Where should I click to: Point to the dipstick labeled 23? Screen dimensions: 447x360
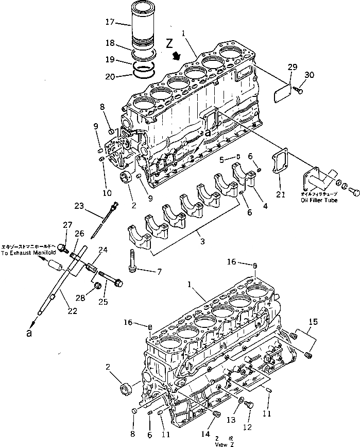click(x=100, y=222)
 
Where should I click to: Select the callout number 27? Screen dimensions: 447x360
click(x=67, y=224)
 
